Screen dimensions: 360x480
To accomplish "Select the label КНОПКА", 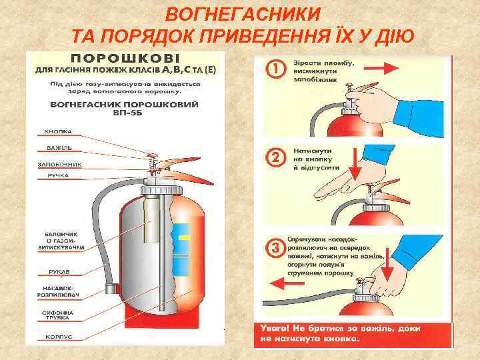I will coord(58,131).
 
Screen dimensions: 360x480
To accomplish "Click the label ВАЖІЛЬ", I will coord(59,147).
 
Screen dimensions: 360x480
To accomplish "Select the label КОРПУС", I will coord(59,337).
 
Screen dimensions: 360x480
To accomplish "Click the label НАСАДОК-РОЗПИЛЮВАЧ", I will coord(63,291).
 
